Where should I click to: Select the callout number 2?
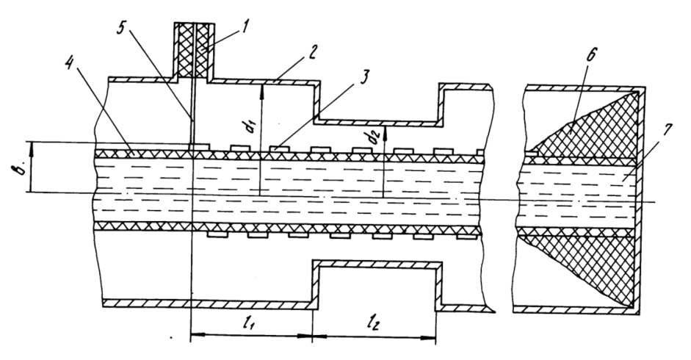pos(311,53)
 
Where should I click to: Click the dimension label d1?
pos(252,124)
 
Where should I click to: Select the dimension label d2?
pos(375,137)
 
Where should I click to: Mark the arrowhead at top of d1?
pos(261,87)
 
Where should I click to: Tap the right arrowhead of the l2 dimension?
pos(430,339)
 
